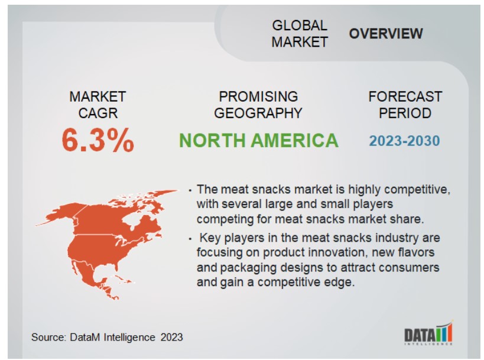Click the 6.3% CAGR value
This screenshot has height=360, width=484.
click(98, 141)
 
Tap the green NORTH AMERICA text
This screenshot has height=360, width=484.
click(259, 141)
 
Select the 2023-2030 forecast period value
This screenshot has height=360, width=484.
click(404, 141)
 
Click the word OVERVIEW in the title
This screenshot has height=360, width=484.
click(386, 34)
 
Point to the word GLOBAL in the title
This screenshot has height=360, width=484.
click(300, 25)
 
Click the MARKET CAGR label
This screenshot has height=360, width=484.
click(98, 105)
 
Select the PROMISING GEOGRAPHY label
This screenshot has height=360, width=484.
click(258, 105)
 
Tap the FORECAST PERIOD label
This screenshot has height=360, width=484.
click(405, 105)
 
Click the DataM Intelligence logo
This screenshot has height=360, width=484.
click(428, 333)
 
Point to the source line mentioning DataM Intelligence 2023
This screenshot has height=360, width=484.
click(107, 337)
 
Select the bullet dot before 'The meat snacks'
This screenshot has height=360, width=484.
click(190, 190)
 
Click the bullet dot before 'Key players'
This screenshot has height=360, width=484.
click(190, 239)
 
